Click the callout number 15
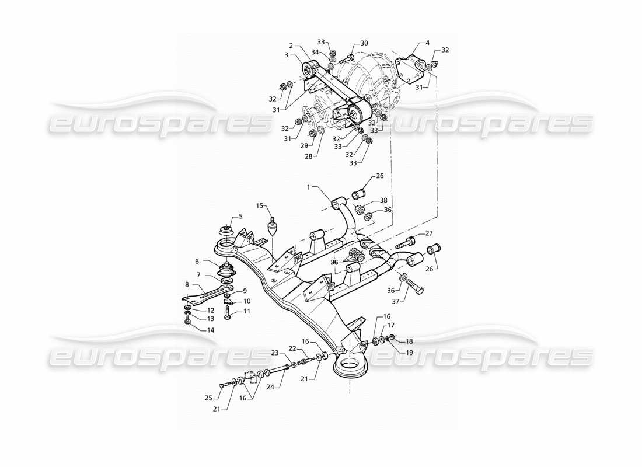261,205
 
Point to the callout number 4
427,42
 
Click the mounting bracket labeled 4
415,65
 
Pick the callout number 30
364,43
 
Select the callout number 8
187,285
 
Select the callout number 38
383,200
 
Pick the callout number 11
247,311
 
